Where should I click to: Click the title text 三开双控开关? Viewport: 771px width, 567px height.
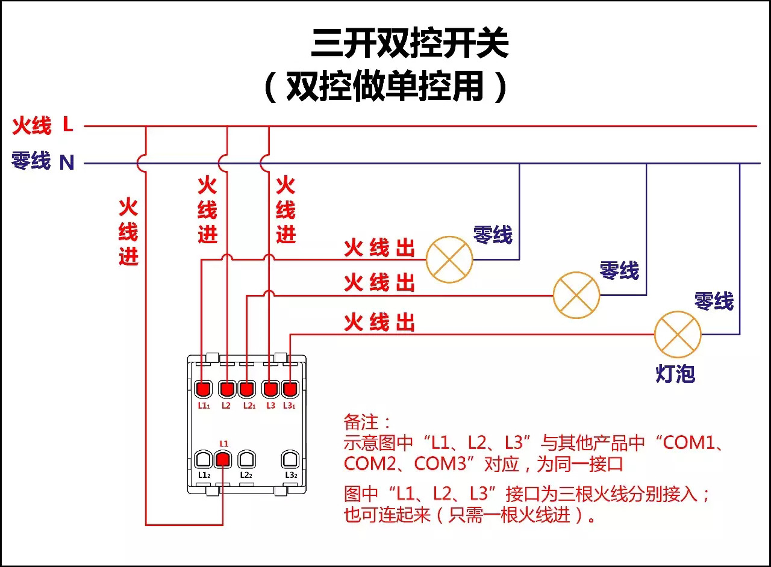coord(410,44)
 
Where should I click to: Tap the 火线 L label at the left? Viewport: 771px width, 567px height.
coord(43,126)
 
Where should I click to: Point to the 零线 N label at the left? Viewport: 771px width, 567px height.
coord(43,161)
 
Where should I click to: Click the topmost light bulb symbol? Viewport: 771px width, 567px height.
coord(449,259)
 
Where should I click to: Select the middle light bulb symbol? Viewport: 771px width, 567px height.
coord(576,295)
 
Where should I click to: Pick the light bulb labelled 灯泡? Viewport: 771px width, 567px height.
coord(678,335)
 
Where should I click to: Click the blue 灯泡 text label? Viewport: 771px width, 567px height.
coord(675,374)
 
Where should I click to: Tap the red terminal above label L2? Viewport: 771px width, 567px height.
coord(226,389)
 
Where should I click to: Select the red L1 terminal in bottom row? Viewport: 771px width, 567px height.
coord(223,460)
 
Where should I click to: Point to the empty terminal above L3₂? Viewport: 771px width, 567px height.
coord(290,460)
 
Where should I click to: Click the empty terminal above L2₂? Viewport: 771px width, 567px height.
coord(245,460)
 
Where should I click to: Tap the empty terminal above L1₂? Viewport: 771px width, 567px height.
coord(203,460)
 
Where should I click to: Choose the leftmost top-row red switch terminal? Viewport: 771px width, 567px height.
coord(203,389)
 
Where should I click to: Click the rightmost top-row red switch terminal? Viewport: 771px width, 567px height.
coord(290,389)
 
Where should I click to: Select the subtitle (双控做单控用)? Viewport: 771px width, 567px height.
coord(385,88)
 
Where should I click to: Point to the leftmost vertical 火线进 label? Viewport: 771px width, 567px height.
coord(128,232)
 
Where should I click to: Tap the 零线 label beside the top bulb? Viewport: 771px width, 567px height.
coord(492,235)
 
